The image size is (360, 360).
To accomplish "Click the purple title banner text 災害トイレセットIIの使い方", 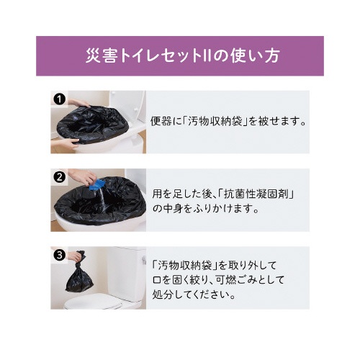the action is click(182, 56).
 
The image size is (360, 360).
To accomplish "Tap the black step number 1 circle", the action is click(59, 99).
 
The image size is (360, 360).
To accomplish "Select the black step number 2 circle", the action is click(59, 177).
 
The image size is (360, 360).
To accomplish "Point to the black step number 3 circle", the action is click(59, 255).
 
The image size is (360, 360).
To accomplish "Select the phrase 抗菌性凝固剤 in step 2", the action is click(256, 194).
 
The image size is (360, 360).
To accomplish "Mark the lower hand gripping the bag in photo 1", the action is click(66, 143).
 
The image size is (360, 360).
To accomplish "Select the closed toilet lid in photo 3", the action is click(92, 304).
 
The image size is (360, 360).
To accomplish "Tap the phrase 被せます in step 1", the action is click(278, 122).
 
